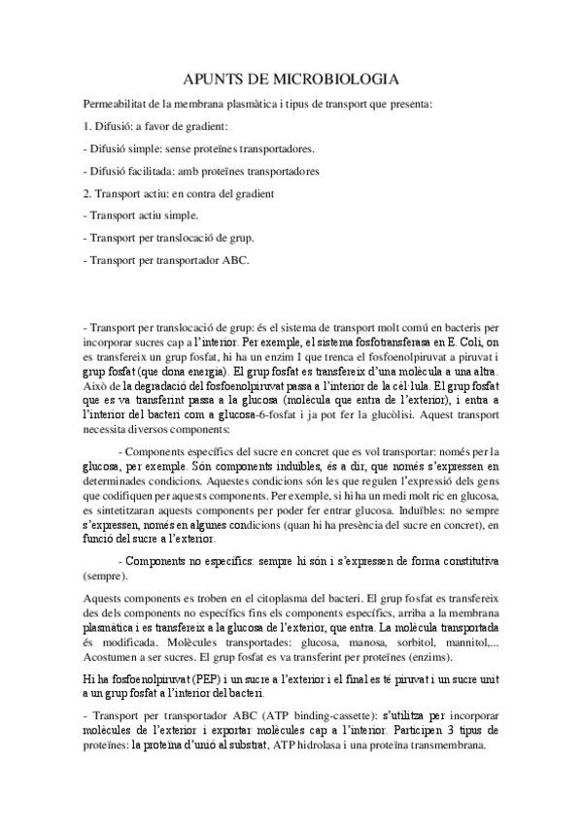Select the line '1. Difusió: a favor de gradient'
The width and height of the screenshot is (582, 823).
(x=155, y=126)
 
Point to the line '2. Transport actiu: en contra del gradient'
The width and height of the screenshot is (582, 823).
(x=178, y=193)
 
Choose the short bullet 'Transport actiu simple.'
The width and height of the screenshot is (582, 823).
(x=142, y=214)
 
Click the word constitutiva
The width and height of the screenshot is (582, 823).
(x=469, y=561)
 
